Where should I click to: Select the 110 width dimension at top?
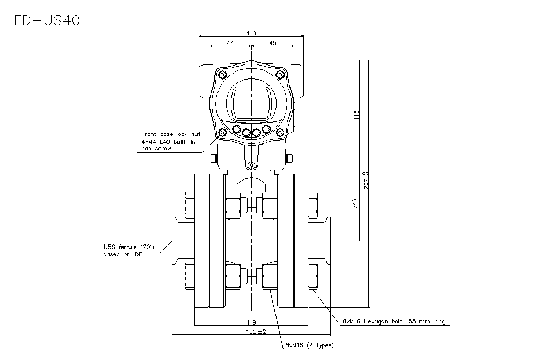pos(251,33)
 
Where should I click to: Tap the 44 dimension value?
pos(229,43)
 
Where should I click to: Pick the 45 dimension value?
pos(272,43)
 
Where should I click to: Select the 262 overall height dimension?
pos(366,179)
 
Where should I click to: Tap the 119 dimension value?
pos(251,322)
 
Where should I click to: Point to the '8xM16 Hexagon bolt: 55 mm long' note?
pos(394,321)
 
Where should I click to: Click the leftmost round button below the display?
pos(236,129)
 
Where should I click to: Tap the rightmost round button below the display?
pos(266,129)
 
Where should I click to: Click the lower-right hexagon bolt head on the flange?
pos(313,276)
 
